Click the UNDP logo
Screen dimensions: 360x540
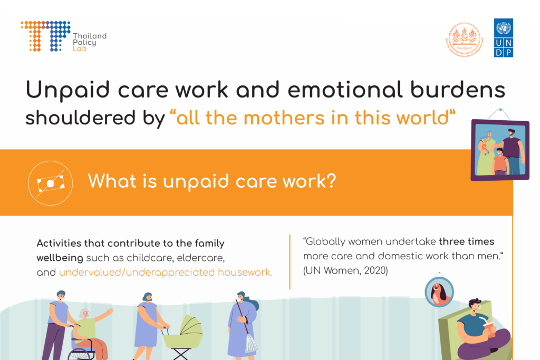tap(504, 37)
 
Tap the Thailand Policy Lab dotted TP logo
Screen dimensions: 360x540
tap(45, 36)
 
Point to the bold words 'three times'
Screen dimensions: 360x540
tap(466, 242)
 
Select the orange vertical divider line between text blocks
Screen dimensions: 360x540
tap(290, 261)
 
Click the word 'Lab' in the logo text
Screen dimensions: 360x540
tap(78, 49)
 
